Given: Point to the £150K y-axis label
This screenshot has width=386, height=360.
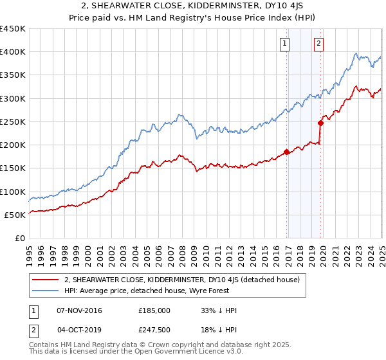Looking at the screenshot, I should pos(13,168).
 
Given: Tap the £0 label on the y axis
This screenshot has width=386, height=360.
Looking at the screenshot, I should pos(19,238).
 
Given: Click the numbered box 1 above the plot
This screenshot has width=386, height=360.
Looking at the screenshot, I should pos(284,44).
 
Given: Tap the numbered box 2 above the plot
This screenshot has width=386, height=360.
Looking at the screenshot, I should pos(318,44).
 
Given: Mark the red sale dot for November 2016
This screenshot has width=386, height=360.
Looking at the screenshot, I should pos(286,152).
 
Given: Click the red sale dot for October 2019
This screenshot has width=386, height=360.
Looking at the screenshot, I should pos(320,123).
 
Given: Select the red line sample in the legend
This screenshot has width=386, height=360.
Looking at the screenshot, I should pos(46,280).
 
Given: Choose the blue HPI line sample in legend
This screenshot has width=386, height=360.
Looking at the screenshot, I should pos(46,291).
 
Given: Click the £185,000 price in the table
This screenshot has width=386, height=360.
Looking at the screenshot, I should pos(154,310).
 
